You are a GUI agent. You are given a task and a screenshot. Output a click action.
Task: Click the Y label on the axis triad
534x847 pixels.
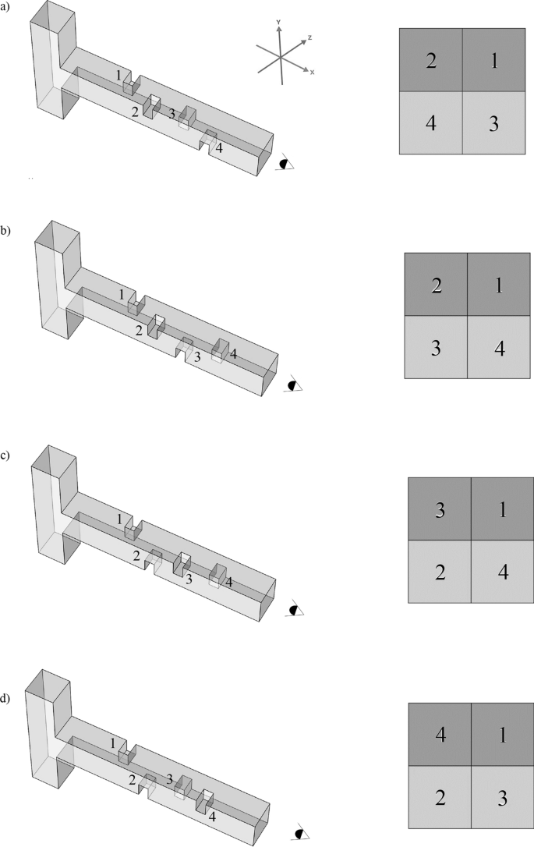click(277, 23)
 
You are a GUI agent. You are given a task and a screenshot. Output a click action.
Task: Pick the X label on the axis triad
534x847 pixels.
click(312, 73)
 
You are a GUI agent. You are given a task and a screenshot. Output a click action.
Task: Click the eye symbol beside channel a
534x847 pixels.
click(287, 164)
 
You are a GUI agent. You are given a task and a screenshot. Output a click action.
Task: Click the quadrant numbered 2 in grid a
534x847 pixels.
click(430, 61)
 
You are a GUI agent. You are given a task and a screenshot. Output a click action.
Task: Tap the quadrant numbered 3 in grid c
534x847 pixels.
click(440, 509)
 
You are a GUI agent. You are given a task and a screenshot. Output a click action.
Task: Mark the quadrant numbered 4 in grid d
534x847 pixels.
click(439, 734)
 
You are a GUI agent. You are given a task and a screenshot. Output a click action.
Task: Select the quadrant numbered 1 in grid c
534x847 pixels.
click(502, 509)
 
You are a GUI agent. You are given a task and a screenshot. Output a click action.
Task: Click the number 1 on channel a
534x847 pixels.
click(118, 75)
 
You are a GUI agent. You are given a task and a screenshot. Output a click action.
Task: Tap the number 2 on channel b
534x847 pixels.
click(139, 330)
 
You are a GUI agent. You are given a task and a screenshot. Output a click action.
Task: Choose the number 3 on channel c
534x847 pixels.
click(188, 577)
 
